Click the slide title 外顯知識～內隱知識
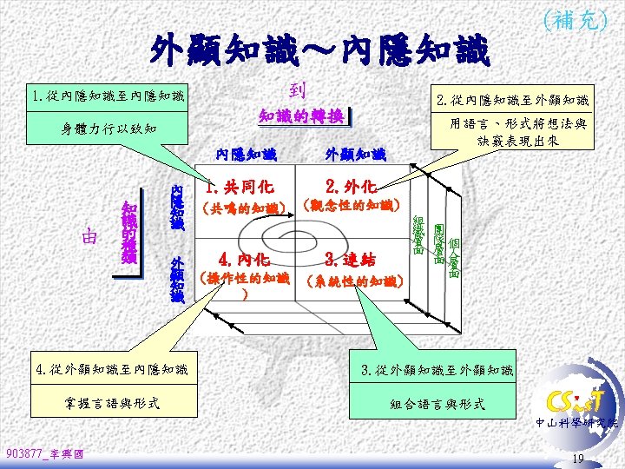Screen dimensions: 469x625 320,51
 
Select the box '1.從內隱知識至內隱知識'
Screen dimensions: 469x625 104,95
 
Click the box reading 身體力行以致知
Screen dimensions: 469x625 104,129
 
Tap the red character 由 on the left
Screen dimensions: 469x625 89,235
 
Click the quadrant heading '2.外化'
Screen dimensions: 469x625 350,186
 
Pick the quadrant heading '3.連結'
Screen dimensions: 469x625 350,258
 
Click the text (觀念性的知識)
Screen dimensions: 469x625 350,207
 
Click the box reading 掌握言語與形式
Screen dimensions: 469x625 114,402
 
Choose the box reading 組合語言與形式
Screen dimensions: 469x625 437,404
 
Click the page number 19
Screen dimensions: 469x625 579,458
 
